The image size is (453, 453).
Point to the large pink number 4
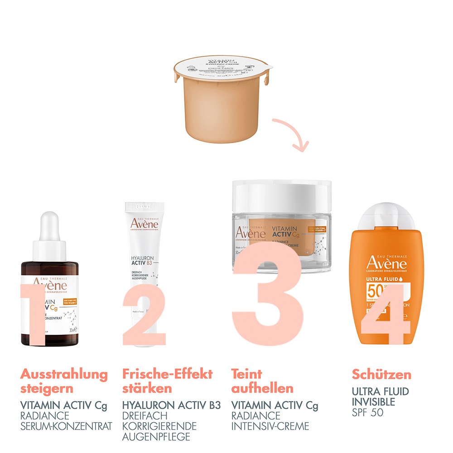387,313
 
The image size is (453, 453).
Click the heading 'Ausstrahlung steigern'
64,381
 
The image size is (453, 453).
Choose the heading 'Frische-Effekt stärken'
167,381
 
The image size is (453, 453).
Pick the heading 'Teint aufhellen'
262,381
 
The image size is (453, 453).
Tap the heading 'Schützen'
381,375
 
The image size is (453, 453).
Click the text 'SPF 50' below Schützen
367,412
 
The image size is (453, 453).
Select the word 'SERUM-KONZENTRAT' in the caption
66,426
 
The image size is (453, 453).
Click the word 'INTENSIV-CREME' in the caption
270,426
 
